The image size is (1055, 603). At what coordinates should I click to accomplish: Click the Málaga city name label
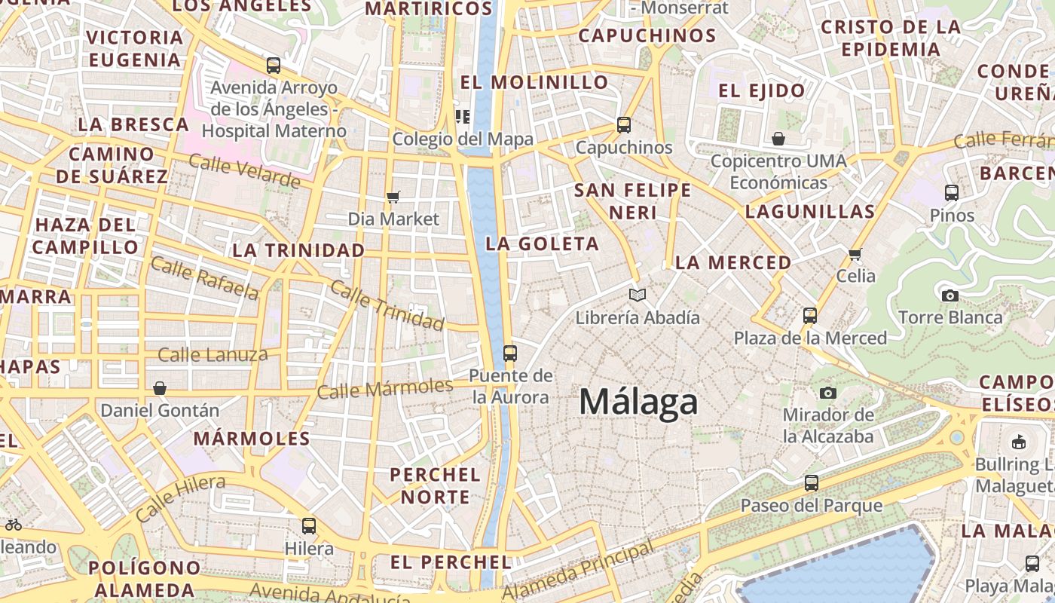pos(638,402)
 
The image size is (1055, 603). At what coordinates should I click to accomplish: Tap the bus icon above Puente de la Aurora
pos(510,353)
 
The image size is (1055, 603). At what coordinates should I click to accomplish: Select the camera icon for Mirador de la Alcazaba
pos(828,393)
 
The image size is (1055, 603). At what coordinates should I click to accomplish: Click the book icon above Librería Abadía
pos(638,295)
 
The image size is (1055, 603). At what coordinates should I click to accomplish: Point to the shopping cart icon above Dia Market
pos(393,197)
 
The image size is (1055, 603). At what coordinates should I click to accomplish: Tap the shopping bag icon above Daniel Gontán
pos(160,388)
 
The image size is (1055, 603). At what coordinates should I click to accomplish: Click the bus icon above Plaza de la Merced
pos(810,315)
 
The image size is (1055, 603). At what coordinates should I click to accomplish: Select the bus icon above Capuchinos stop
pos(624,125)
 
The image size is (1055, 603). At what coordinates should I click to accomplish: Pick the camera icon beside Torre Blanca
pos(949,295)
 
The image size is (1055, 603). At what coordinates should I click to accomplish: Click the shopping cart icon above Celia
pos(855,254)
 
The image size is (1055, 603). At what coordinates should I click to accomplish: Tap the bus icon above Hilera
pos(309,526)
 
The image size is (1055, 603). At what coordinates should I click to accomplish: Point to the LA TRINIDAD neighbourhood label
pos(298,250)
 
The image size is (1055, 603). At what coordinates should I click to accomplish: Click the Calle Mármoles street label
pos(384,389)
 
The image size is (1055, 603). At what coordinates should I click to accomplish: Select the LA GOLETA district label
pos(543,243)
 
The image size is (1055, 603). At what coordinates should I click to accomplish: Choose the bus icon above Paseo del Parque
pos(812,483)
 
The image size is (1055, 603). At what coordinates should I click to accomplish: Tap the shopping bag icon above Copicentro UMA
pos(778,139)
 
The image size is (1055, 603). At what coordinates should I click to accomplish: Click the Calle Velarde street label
pos(244,170)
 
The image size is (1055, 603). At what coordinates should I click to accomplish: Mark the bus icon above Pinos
pos(952,193)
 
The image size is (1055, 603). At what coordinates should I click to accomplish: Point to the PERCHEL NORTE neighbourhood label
pos(435,485)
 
